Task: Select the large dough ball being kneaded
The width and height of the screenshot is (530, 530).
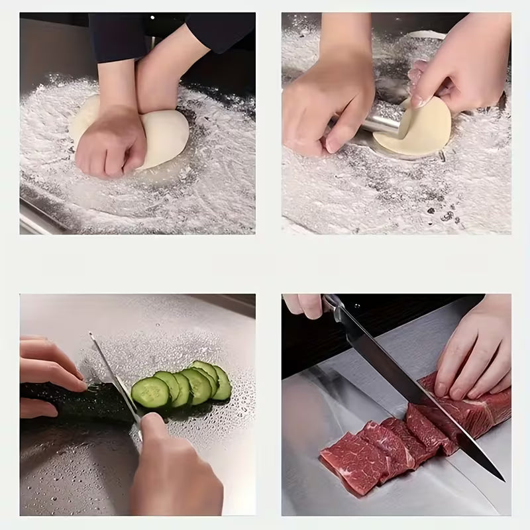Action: (162, 136)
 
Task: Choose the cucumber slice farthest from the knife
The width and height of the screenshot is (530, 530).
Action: (221, 382)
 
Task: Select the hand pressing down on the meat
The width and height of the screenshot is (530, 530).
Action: (474, 351)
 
